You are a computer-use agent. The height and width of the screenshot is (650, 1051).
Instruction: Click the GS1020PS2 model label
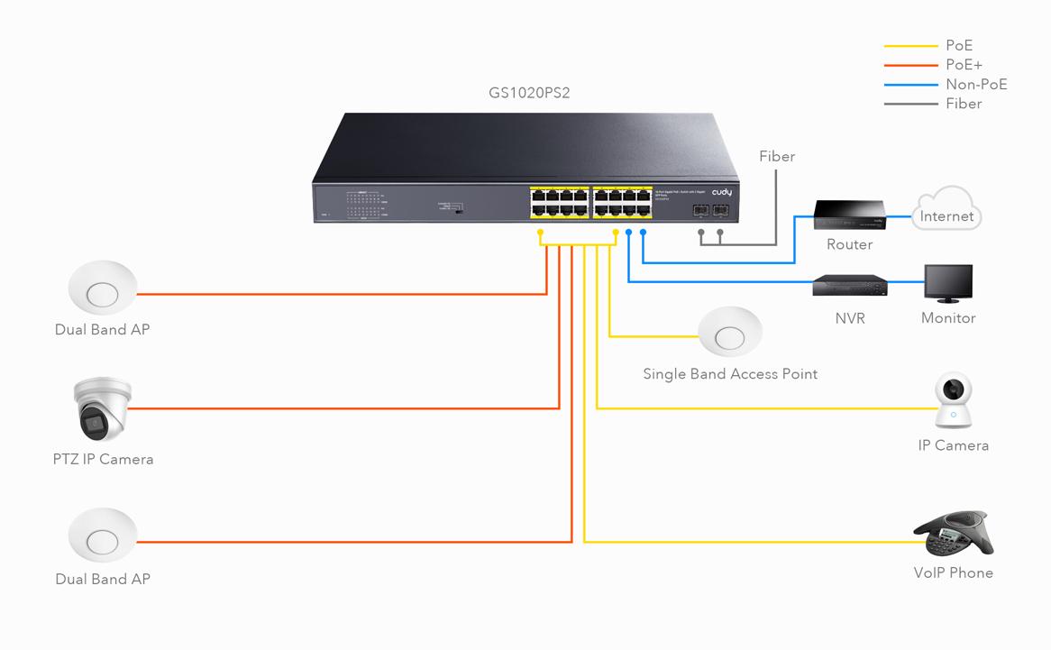click(529, 92)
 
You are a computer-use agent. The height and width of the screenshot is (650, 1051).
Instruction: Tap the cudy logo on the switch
click(722, 192)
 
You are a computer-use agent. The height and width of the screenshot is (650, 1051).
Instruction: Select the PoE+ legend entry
click(964, 65)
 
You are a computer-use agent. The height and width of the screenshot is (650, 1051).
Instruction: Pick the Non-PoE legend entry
click(976, 85)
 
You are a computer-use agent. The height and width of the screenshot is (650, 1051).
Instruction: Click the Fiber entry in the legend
click(964, 104)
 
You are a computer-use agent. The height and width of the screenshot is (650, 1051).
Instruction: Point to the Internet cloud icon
click(946, 214)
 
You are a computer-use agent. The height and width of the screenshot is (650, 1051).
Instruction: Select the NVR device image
click(849, 287)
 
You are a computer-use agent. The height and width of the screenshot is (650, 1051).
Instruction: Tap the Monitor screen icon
click(948, 284)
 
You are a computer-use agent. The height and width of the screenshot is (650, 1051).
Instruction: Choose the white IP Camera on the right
click(953, 400)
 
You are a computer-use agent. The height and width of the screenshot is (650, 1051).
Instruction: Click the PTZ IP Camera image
click(102, 408)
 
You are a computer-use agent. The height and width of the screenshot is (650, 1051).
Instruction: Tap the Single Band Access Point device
click(730, 334)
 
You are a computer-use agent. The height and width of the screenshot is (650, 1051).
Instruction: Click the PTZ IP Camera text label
click(103, 459)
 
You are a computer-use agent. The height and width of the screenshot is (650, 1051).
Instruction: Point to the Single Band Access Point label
click(730, 373)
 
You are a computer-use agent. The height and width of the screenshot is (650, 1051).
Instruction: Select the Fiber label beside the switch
click(777, 157)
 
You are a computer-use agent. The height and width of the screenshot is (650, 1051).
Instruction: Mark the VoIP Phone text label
click(953, 572)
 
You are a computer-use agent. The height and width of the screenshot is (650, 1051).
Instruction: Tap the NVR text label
click(850, 318)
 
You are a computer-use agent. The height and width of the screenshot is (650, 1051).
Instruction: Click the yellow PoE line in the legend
click(911, 46)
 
